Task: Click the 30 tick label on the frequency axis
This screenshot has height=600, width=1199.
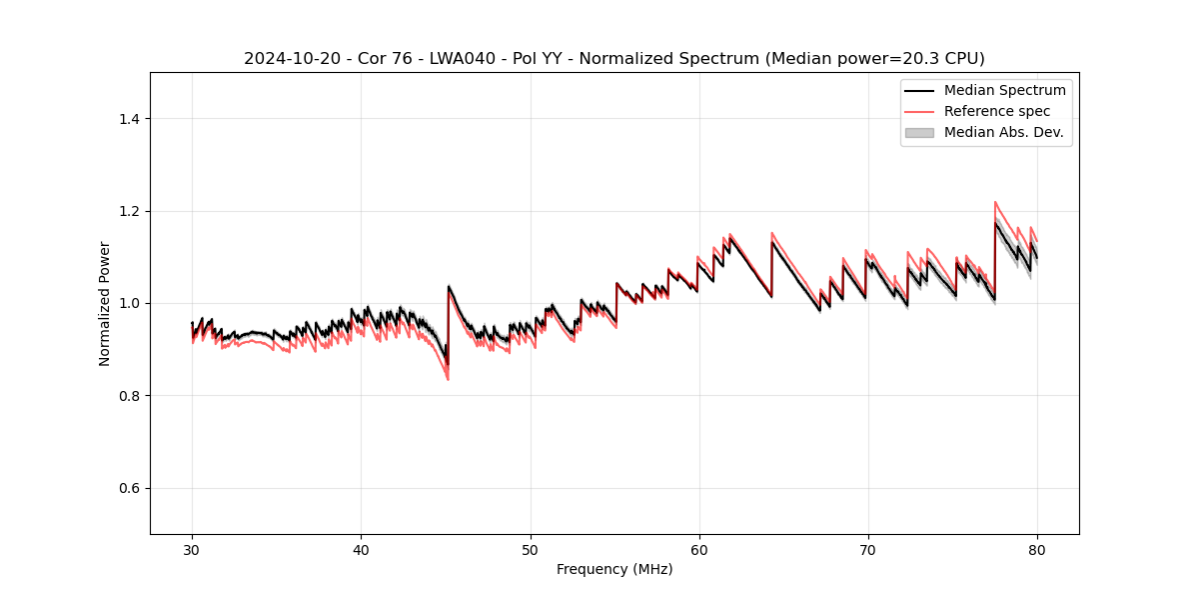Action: point(192,549)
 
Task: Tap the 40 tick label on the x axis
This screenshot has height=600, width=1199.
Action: point(361,549)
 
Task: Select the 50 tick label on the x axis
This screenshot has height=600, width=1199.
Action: point(530,549)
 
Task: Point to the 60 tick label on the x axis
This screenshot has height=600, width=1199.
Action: point(699,549)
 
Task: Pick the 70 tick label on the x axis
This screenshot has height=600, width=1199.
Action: point(868,549)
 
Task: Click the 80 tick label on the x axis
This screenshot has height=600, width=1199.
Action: point(1037,549)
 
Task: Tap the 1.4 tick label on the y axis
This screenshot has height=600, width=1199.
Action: point(130,119)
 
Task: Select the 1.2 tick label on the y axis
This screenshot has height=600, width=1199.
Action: point(130,211)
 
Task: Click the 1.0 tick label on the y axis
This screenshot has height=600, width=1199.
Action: point(130,303)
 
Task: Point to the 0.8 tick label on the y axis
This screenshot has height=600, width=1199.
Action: point(130,396)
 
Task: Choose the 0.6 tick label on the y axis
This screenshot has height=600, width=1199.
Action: point(130,488)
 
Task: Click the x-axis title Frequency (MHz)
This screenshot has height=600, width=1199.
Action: point(614,569)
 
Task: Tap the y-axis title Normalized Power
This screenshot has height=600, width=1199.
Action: point(105,303)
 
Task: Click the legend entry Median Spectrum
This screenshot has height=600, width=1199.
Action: point(1004,90)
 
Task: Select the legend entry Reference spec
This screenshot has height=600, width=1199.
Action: point(996,111)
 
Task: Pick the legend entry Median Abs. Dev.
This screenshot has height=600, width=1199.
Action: point(1003,132)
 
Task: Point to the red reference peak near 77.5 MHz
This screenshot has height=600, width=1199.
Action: point(995,202)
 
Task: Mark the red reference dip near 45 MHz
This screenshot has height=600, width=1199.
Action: point(448,379)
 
